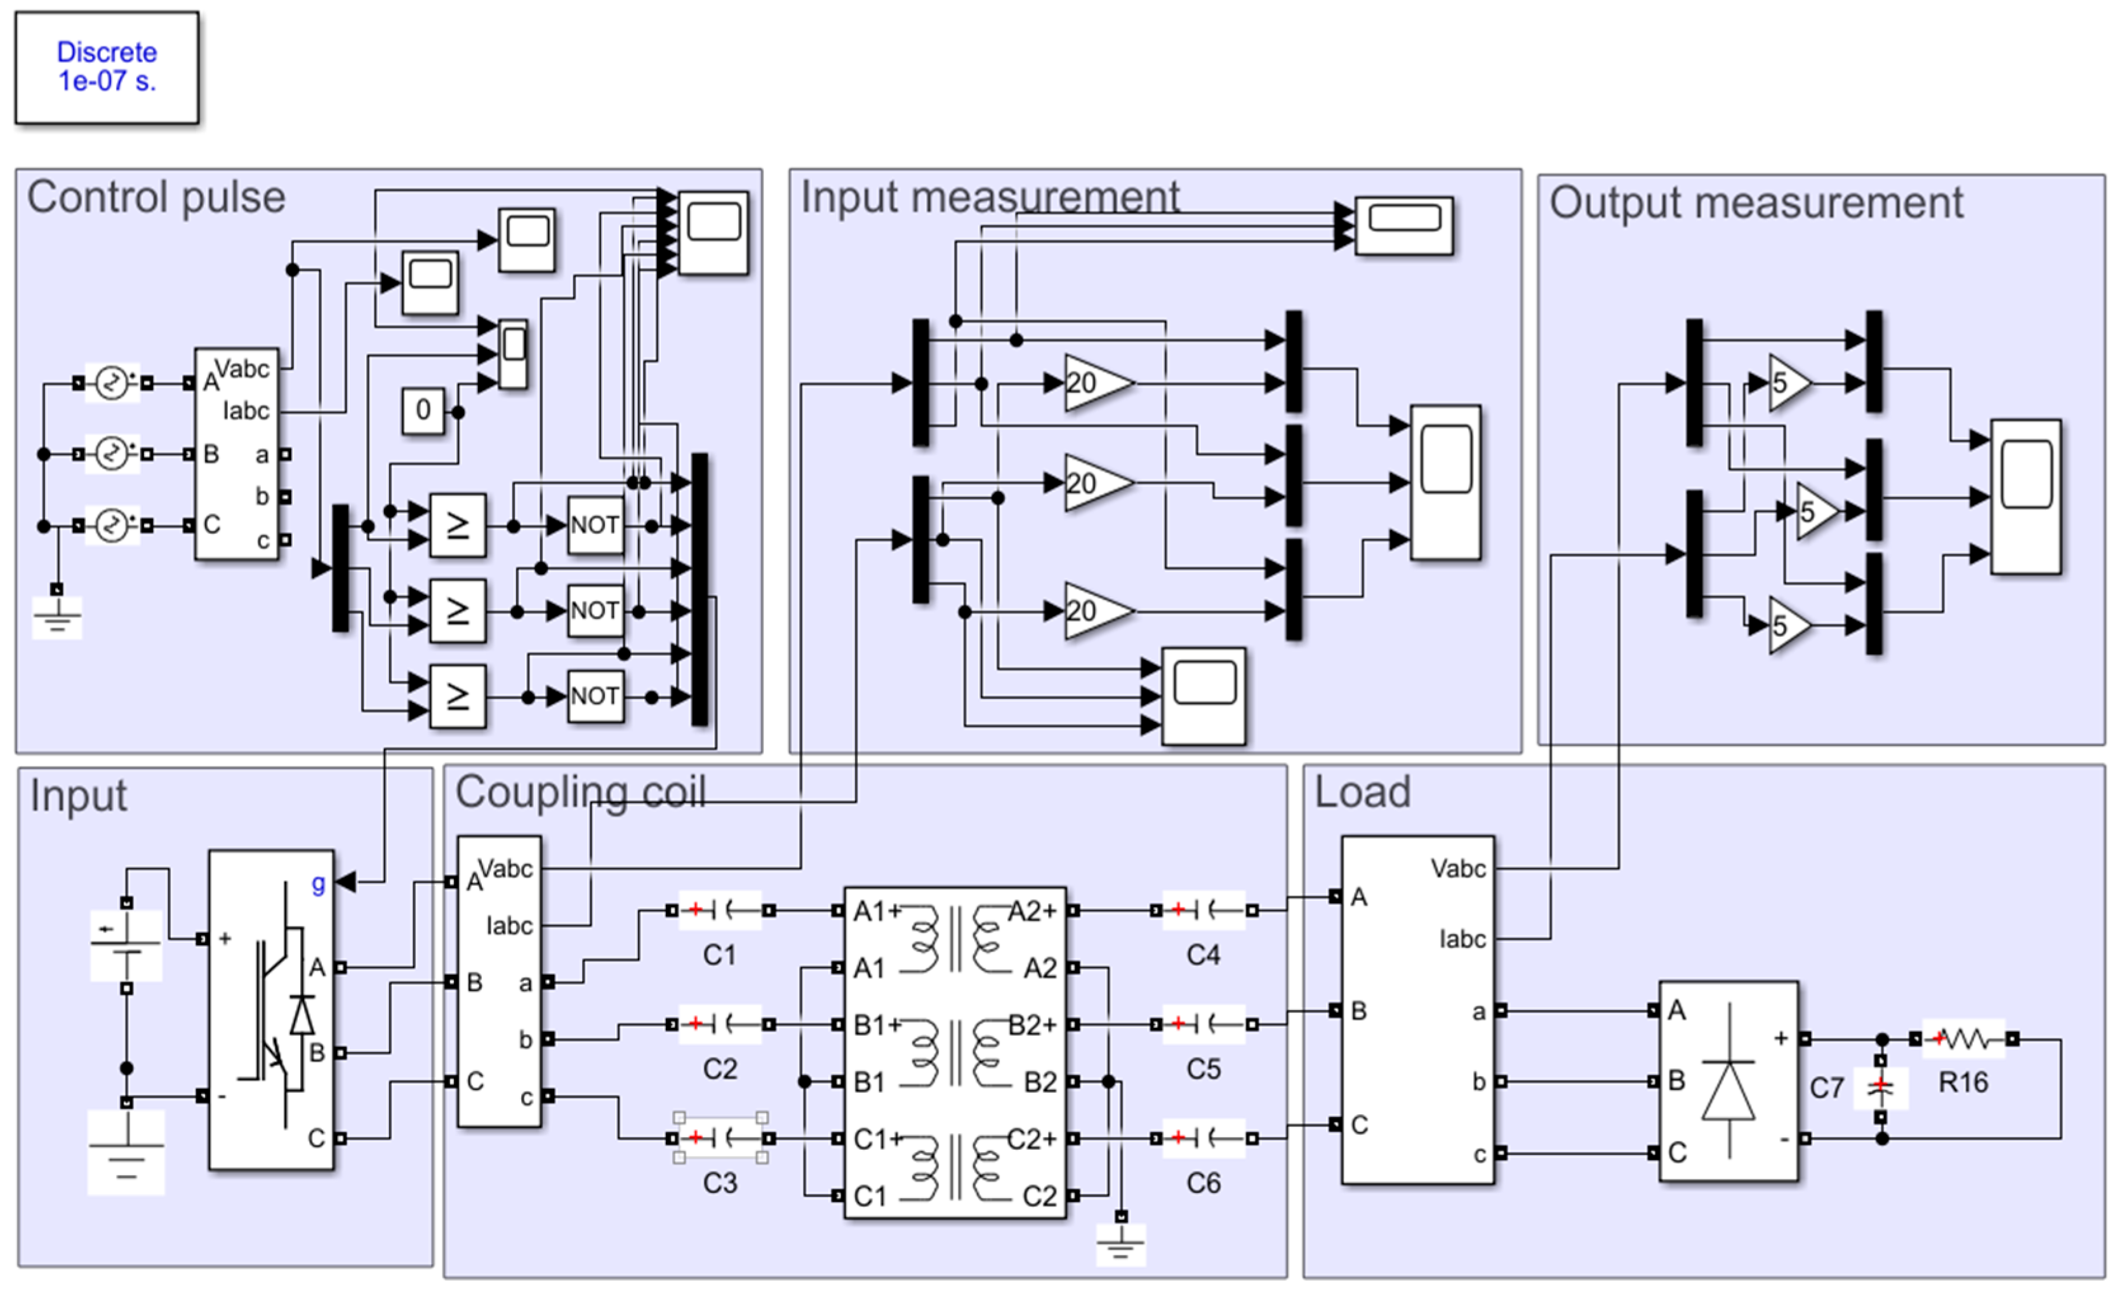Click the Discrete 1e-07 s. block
pos(107,66)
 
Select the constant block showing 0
pos(423,410)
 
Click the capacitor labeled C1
pos(720,910)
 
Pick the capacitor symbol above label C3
pos(720,1138)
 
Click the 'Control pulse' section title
pos(156,197)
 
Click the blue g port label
pos(319,883)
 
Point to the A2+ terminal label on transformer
pos(1031,910)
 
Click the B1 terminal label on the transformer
pos(869,1082)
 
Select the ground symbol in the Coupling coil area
pos(1120,1241)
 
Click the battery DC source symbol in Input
pos(126,945)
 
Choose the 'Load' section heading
pos(1362,792)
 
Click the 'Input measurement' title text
pos(990,197)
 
